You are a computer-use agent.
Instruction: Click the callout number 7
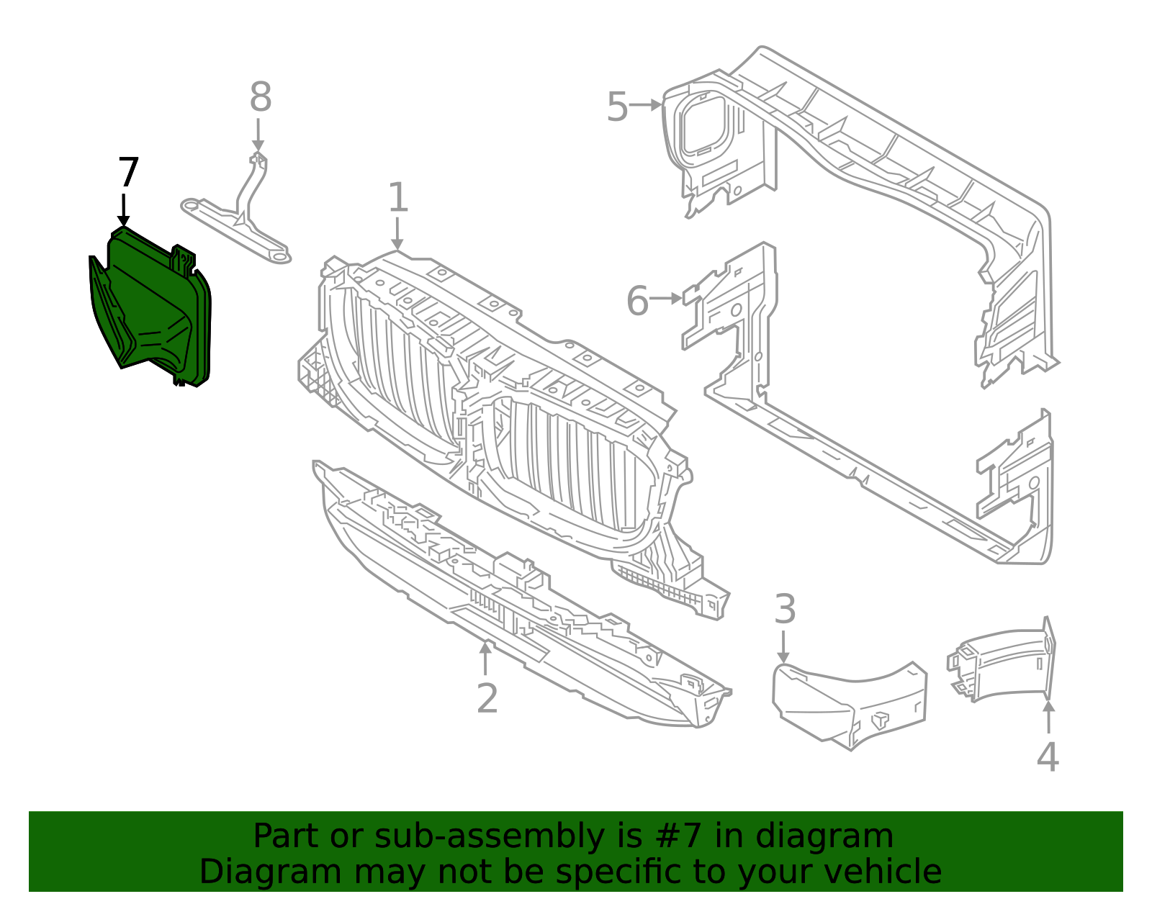coord(127,173)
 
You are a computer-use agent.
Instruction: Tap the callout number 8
coord(260,98)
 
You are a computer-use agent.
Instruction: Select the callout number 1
coord(398,198)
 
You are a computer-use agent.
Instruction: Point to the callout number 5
coord(617,108)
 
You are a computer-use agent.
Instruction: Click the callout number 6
coord(637,301)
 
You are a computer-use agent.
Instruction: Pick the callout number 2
coord(487,698)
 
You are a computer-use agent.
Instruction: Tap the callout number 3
coord(785,610)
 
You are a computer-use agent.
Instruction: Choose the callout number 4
coord(1048,757)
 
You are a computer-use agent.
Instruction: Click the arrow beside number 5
coord(646,105)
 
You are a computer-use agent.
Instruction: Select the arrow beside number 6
coord(667,298)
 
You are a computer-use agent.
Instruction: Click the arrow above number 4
coord(1049,716)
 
